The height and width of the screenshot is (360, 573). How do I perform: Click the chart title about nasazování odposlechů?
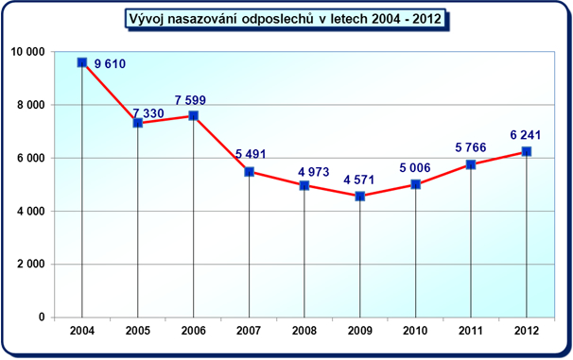click(x=286, y=18)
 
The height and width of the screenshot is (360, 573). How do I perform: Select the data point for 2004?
click(x=82, y=62)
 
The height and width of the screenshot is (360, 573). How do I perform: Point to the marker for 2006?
click(x=194, y=115)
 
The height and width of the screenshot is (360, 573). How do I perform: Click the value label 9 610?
click(x=111, y=64)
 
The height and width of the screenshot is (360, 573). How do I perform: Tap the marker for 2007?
click(x=250, y=172)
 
